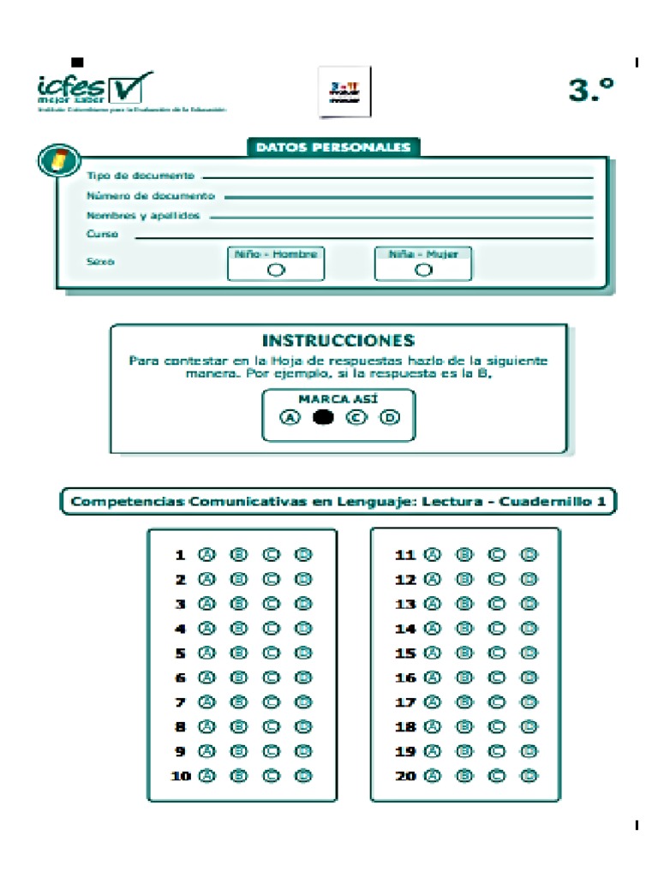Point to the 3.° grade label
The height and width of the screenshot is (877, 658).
coord(591,90)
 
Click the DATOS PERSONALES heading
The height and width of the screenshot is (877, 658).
coord(333,147)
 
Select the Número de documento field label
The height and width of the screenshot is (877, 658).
coord(150,196)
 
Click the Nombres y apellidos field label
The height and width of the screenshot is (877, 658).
coord(143,216)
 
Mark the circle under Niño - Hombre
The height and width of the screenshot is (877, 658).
coord(275,270)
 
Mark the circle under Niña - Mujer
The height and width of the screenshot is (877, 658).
coord(423,270)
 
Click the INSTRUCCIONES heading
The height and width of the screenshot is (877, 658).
coord(338,340)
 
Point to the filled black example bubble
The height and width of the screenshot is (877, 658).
coord(323,418)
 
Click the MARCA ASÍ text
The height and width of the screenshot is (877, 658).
coord(338,399)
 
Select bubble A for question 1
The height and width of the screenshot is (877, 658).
coord(206,555)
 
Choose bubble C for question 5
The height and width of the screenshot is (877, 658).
coord(271,653)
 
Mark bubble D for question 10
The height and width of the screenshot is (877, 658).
coord(302,776)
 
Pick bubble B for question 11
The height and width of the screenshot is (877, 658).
coord(464,555)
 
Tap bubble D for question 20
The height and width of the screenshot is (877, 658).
coord(529,776)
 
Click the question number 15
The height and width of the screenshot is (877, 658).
coord(404,653)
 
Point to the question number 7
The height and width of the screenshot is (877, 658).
coord(181,702)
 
